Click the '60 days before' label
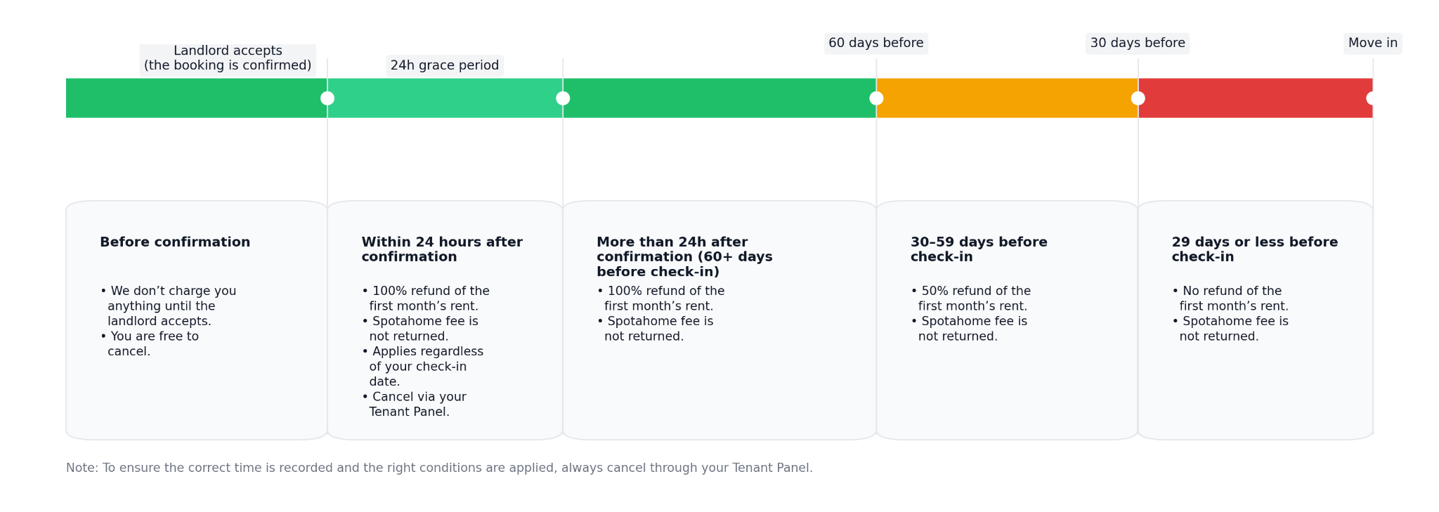(875, 44)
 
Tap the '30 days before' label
(1138, 44)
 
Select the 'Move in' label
(1373, 44)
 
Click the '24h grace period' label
(445, 66)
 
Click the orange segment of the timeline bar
(1007, 98)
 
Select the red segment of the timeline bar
(1256, 98)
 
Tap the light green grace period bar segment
(445, 98)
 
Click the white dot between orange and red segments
(1138, 98)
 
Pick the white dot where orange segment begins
(876, 98)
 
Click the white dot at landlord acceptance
(327, 98)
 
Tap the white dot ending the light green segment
(563, 98)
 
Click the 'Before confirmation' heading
(175, 242)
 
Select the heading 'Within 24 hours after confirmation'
(442, 250)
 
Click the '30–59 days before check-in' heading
(979, 250)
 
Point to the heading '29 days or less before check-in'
(1255, 250)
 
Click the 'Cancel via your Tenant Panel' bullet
(414, 405)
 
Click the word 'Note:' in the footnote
(82, 468)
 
